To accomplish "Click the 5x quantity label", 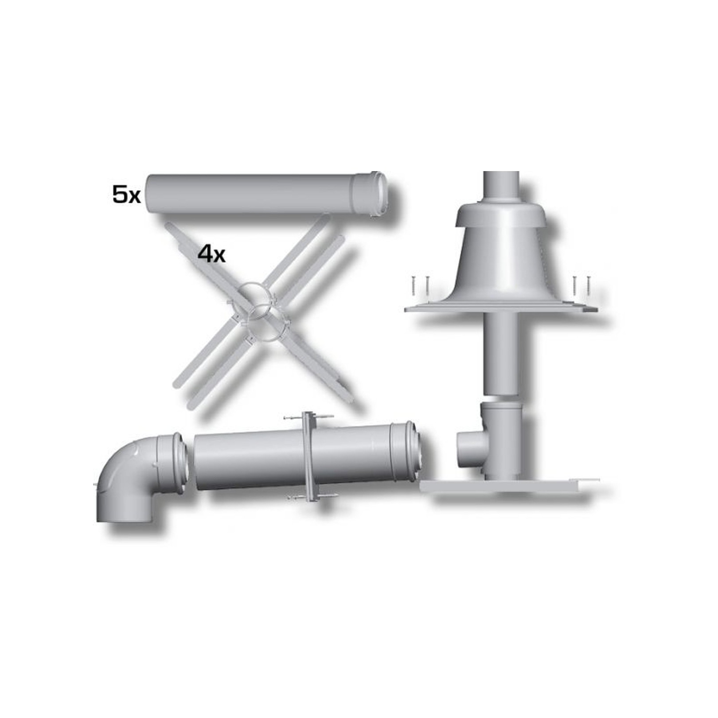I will coord(126,195).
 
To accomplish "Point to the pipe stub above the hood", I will coord(501,186).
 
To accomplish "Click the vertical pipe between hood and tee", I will coord(501,355).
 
